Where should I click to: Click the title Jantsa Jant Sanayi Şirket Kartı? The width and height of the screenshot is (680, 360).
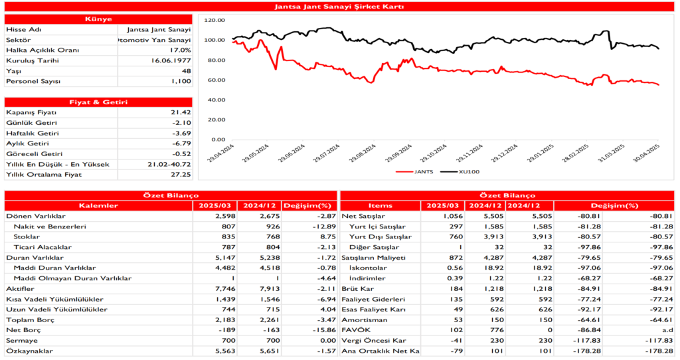click(339, 6)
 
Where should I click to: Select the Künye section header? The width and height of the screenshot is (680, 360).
click(98, 19)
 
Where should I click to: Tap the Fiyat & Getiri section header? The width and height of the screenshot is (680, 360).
click(98, 102)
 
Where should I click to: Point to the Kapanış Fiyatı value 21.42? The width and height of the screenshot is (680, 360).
click(180, 112)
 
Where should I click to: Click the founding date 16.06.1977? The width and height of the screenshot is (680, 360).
click(171, 60)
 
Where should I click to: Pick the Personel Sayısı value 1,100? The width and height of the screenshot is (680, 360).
click(179, 81)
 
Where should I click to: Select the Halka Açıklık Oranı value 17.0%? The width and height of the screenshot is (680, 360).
click(179, 50)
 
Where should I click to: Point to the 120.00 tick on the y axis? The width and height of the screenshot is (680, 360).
click(216, 20)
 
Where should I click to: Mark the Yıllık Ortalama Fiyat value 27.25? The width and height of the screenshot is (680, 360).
click(180, 174)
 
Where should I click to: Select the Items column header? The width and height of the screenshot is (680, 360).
click(380, 205)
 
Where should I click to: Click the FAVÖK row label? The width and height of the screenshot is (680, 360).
click(353, 329)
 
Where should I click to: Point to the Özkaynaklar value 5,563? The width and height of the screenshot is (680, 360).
click(216, 350)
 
